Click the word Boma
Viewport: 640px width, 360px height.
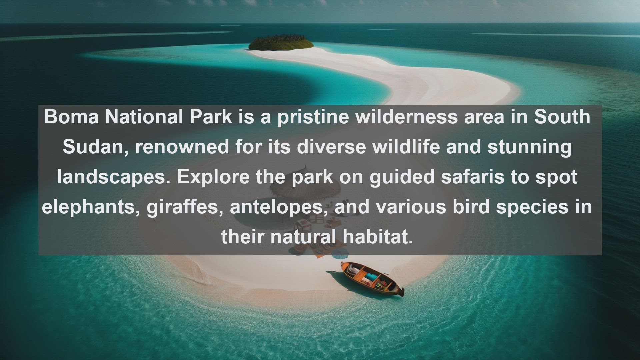point(71,117)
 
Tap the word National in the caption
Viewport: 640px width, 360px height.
point(144,117)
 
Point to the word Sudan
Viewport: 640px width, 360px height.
point(93,147)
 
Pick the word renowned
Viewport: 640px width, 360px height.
point(182,147)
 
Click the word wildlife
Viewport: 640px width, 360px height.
point(406,147)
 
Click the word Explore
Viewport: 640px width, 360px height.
point(213,177)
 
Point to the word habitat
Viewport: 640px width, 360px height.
point(378,237)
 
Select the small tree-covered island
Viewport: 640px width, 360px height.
point(281,42)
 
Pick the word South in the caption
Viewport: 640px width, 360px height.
point(562,117)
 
